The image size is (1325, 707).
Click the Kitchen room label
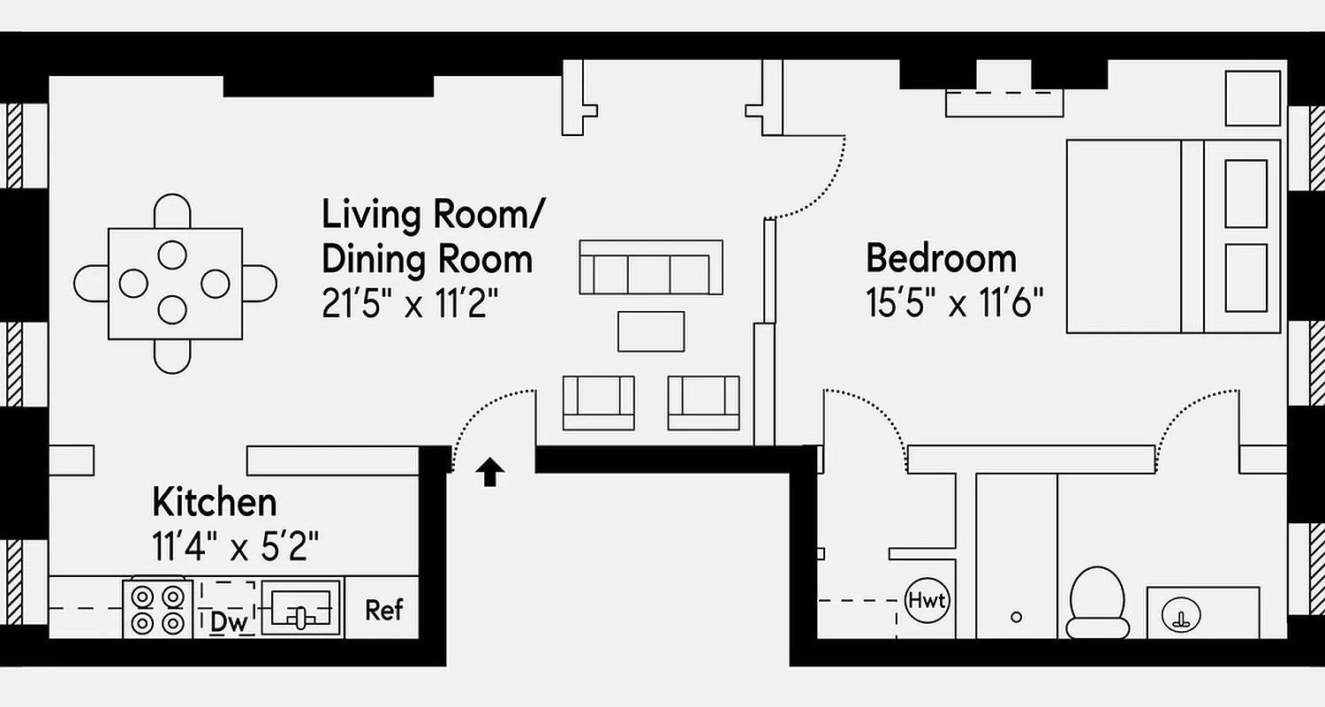[214, 502]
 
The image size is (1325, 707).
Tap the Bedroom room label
[941, 259]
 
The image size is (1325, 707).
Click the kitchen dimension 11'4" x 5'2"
[235, 547]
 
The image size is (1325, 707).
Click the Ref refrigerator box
[383, 609]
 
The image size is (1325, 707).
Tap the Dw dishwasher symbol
[228, 621]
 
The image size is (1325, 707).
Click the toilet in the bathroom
[1097, 601]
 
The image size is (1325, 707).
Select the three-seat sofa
[651, 268]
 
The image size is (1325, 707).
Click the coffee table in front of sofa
[651, 331]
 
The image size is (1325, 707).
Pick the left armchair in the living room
[599, 402]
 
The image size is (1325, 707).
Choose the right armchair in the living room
[703, 402]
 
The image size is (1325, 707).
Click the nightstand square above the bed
[1253, 98]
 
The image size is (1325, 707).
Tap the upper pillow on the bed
[1245, 194]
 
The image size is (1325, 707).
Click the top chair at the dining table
[172, 213]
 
